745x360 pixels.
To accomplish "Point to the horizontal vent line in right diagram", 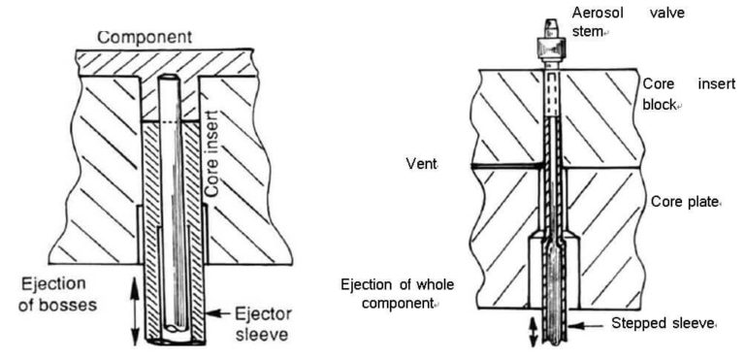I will click(504, 166).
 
